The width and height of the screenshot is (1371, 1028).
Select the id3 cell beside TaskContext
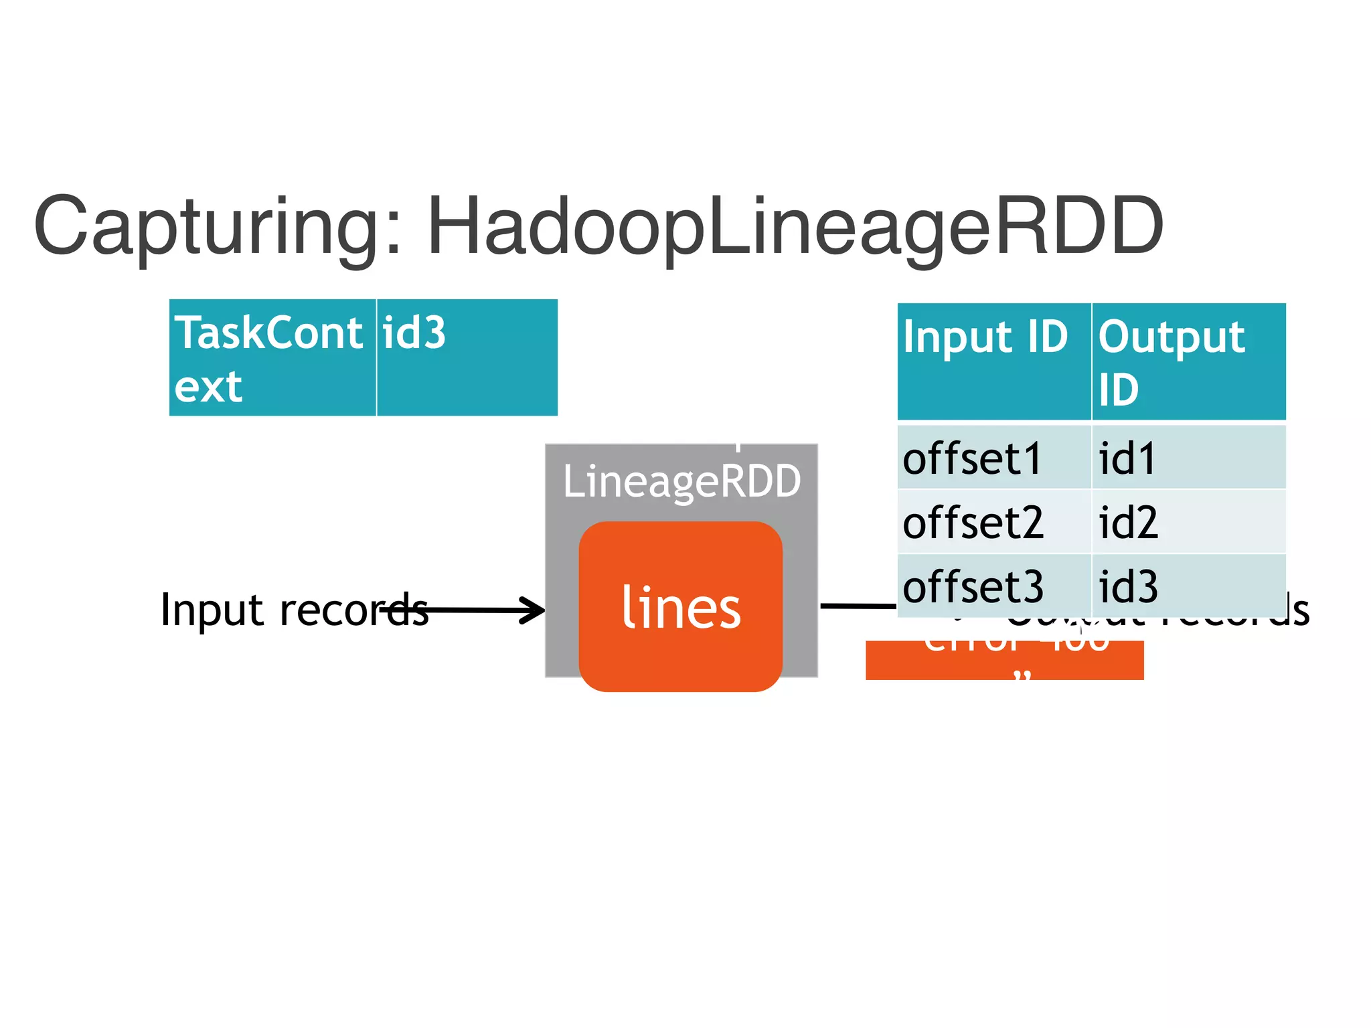tap(467, 357)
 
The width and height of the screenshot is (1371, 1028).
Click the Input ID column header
tap(994, 361)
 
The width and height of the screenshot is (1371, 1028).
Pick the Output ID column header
tap(1188, 361)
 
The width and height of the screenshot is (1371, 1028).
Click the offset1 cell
tap(994, 458)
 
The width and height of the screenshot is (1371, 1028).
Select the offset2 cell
tap(994, 522)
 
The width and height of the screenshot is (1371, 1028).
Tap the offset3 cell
tap(994, 586)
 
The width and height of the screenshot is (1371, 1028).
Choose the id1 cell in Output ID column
tap(1188, 458)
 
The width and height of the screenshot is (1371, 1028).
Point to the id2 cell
tap(1188, 522)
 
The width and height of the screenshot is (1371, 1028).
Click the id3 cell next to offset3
tap(1188, 586)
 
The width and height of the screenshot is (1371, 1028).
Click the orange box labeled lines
tap(681, 606)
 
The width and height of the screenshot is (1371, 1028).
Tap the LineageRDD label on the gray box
tap(681, 481)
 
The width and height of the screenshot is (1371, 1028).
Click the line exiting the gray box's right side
tap(858, 606)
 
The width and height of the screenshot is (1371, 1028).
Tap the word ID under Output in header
tap(1118, 390)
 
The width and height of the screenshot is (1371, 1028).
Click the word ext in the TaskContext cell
tap(208, 387)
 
